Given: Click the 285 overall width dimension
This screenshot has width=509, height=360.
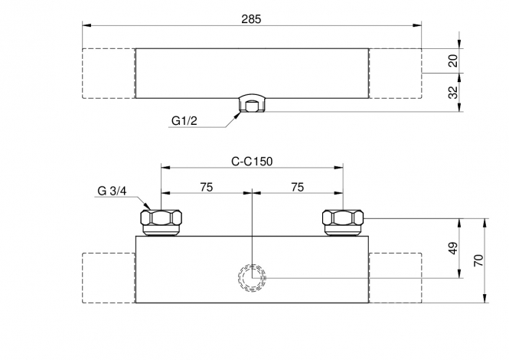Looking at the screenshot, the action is tap(251, 19).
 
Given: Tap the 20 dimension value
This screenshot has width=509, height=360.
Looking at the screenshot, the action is tap(453, 61).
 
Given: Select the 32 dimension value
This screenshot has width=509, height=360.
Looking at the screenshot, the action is tap(453, 92).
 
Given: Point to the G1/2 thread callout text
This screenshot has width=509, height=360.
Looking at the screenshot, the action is tap(184, 121).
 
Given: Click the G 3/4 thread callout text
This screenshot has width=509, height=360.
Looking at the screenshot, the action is tap(112, 191).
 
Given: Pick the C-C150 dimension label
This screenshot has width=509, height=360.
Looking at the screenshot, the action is tap(252, 161).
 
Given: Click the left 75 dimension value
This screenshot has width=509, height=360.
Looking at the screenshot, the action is tap(207, 187).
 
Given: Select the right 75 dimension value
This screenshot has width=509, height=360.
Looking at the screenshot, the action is tap(297, 187).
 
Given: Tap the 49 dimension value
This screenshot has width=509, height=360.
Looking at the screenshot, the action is tap(453, 248).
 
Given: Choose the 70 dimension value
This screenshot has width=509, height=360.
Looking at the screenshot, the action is tap(479, 260).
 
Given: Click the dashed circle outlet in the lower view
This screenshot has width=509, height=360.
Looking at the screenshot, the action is tap(252, 264).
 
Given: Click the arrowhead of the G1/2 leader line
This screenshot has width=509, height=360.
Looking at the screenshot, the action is tap(238, 113).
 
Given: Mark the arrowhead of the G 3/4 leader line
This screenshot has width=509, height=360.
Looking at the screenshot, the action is tap(148, 206).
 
